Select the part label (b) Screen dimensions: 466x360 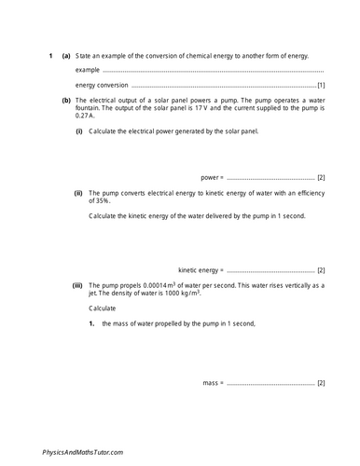tap(66, 98)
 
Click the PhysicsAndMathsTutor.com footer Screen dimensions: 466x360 tap(83, 452)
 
